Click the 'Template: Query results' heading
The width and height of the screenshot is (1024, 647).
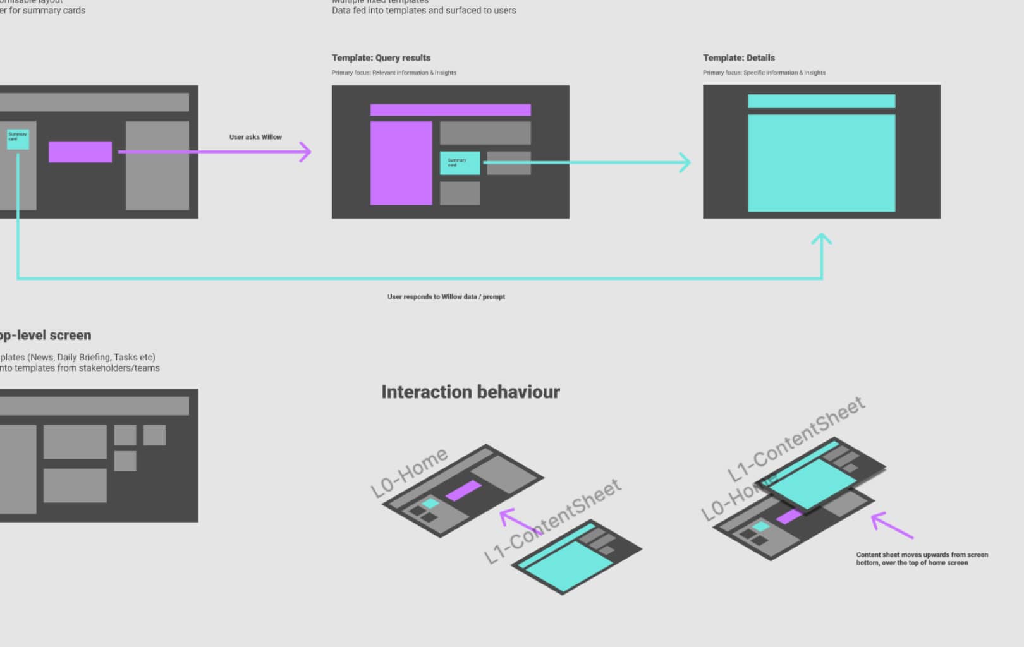pyautogui.click(x=381, y=58)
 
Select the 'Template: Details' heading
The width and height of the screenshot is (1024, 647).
pyautogui.click(x=738, y=58)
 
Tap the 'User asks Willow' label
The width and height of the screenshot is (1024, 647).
pyautogui.click(x=255, y=137)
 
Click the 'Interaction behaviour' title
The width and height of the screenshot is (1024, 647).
pyautogui.click(x=470, y=392)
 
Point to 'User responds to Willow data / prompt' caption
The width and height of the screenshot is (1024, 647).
pyautogui.click(x=446, y=297)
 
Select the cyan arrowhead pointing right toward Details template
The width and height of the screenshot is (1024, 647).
pyautogui.click(x=685, y=162)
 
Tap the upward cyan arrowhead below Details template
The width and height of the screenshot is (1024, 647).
pyautogui.click(x=821, y=239)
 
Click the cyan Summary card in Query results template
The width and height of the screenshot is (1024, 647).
pyautogui.click(x=460, y=163)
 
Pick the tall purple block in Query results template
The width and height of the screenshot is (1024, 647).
pyautogui.click(x=401, y=163)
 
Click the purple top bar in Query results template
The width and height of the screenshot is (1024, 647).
pyautogui.click(x=450, y=110)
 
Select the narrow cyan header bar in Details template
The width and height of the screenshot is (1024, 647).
pyautogui.click(x=821, y=101)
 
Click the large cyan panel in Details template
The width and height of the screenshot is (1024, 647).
pyautogui.click(x=821, y=163)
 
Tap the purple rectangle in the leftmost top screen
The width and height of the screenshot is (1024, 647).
pyautogui.click(x=80, y=152)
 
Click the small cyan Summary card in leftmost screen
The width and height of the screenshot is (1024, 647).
pyautogui.click(x=18, y=139)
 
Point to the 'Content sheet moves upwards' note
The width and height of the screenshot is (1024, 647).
pyautogui.click(x=922, y=559)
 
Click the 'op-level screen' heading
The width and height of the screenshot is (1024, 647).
pyautogui.click(x=45, y=336)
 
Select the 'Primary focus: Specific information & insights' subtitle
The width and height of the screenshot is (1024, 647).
pyautogui.click(x=764, y=73)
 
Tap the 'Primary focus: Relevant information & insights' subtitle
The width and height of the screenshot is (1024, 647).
pyautogui.click(x=394, y=73)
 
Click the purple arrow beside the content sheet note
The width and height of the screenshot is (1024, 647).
pyautogui.click(x=891, y=525)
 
